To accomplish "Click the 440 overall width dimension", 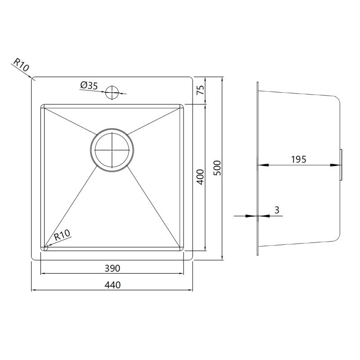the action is pyautogui.click(x=112, y=285).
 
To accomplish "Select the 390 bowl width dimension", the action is pyautogui.click(x=112, y=268).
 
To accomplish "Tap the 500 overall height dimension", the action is pyautogui.click(x=217, y=168).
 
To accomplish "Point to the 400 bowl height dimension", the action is pyautogui.click(x=200, y=177).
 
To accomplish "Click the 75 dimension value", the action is pyautogui.click(x=200, y=90).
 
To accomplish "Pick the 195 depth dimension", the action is pyautogui.click(x=298, y=159).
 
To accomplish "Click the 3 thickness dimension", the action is pyautogui.click(x=277, y=210).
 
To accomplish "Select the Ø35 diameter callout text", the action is pyautogui.click(x=89, y=85).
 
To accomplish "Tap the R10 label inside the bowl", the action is pyautogui.click(x=62, y=235).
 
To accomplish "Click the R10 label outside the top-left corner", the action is pyautogui.click(x=21, y=65).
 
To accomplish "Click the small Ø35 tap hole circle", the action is pyautogui.click(x=112, y=92).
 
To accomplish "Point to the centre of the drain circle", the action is pyautogui.click(x=112, y=150).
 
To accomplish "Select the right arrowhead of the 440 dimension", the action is pyautogui.click(x=189, y=290).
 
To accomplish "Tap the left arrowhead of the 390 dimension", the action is pyautogui.click(x=44, y=274).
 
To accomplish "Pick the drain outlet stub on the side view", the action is pyautogui.click(x=341, y=165).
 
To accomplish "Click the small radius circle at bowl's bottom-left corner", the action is pyautogui.click(x=45, y=248).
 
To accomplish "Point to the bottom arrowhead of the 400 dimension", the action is pyautogui.click(x=205, y=248).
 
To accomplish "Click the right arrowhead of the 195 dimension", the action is pyautogui.click(x=335, y=165).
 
